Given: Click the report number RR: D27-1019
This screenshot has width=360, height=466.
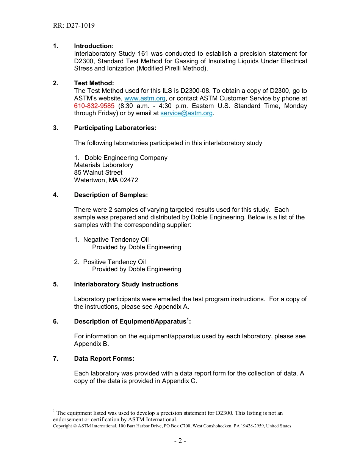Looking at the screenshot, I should point(74,26).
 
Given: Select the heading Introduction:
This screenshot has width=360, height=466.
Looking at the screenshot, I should point(94,46).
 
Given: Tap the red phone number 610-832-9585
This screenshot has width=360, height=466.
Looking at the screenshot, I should point(94,106).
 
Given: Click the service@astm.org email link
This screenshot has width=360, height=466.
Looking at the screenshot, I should point(186,113).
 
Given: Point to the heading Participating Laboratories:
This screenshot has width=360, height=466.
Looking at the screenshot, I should point(115,128).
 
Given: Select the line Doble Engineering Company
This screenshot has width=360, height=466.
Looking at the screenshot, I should point(125,158).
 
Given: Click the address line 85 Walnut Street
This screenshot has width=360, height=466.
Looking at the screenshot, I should point(98,173).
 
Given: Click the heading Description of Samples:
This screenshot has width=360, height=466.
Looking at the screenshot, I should point(111,195).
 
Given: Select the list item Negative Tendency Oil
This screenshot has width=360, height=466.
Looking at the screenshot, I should point(116,240).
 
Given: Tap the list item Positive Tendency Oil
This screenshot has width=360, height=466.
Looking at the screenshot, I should point(114,262).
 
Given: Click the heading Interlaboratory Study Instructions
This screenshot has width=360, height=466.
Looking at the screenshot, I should point(126,285).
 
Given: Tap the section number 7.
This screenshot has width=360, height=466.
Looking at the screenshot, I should point(56,359).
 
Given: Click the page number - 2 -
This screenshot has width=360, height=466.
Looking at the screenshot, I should point(180,441).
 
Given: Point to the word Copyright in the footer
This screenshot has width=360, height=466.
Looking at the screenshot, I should point(62,426).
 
